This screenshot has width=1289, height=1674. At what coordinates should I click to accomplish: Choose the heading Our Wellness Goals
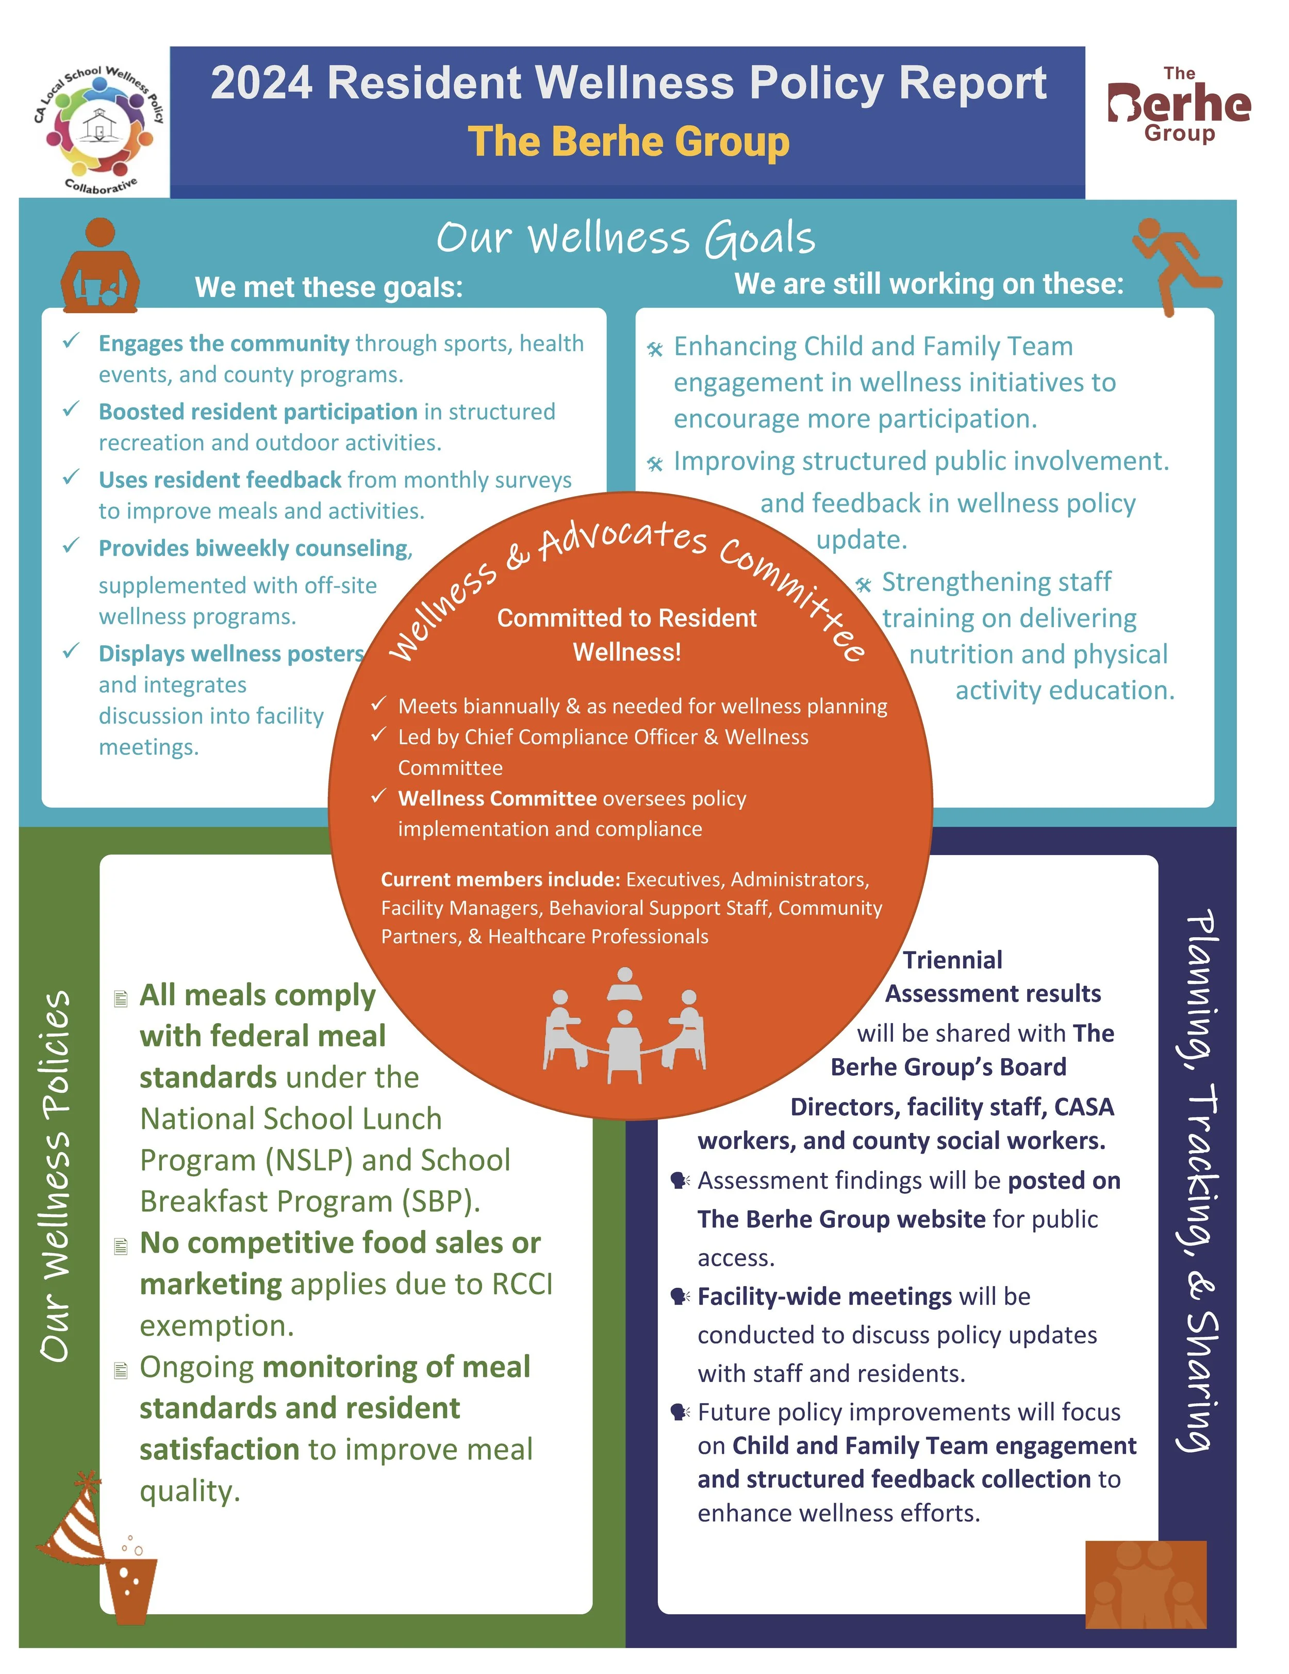point(625,238)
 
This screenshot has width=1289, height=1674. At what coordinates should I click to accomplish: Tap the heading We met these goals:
point(329,287)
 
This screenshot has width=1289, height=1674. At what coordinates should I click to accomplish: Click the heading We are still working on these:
point(928,284)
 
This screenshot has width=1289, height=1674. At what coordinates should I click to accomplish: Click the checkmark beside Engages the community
point(71,340)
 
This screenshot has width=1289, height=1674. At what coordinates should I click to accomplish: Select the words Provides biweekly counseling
point(254,548)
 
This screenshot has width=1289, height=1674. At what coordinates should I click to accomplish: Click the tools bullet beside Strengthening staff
point(863,585)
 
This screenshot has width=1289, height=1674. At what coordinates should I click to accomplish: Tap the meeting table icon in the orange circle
point(624,1027)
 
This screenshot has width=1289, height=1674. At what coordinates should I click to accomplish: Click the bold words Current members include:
point(500,879)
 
